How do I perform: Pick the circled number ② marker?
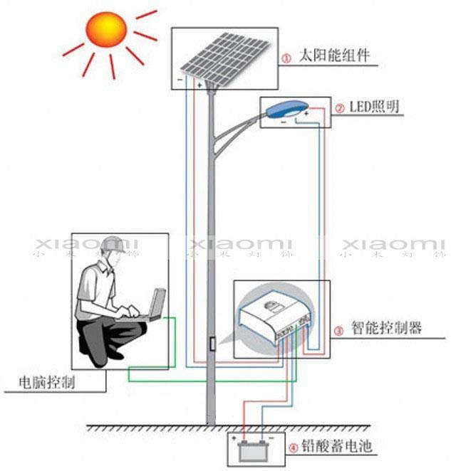point(340,109)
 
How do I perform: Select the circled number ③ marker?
point(339,330)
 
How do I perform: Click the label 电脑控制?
point(49,383)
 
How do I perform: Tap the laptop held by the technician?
point(153,306)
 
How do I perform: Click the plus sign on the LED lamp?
point(306,113)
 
